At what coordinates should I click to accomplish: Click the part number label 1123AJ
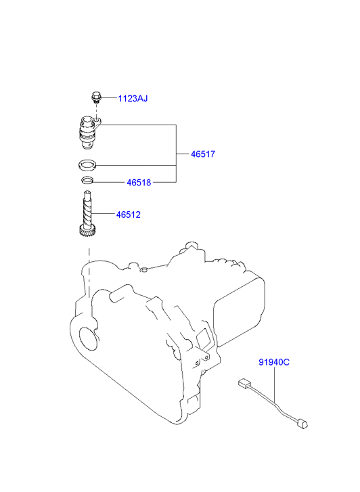(x=133, y=99)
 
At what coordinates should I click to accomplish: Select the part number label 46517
(x=203, y=154)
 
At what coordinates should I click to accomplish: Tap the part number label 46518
(x=139, y=182)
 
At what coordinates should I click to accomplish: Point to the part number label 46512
(x=129, y=215)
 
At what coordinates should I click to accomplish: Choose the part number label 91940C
(x=274, y=362)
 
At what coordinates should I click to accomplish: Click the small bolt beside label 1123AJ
(x=96, y=97)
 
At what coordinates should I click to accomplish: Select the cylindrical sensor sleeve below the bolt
(x=88, y=133)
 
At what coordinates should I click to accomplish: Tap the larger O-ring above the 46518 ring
(x=87, y=165)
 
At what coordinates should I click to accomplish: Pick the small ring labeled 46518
(x=87, y=181)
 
